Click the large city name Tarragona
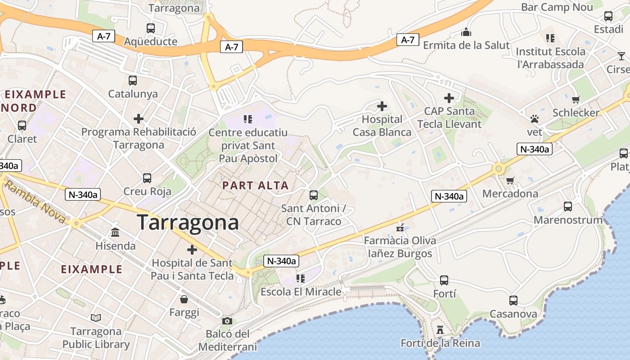(x=187, y=223)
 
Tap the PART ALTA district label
(x=255, y=185)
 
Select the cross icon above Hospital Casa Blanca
(x=382, y=106)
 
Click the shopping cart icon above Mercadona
(x=510, y=180)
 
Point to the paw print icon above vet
(x=535, y=119)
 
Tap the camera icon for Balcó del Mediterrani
(x=227, y=321)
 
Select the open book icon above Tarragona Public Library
(x=96, y=318)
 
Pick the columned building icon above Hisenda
(x=115, y=233)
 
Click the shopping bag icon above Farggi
(x=184, y=299)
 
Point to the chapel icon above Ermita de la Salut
(x=466, y=32)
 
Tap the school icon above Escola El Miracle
(x=300, y=279)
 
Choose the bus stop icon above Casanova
(x=513, y=300)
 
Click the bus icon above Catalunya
(x=133, y=81)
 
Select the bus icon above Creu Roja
(x=147, y=178)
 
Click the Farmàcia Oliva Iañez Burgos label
(x=400, y=247)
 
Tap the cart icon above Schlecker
(x=576, y=99)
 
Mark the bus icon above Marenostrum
(x=568, y=207)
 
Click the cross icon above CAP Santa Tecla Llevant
(x=449, y=98)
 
